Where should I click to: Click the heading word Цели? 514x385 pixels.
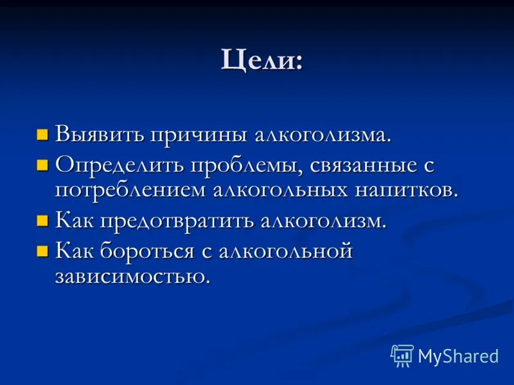coord(261,60)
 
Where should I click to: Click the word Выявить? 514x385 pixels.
coord(100,134)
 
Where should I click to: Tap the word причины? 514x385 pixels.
coord(199,135)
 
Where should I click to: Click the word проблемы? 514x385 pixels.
coord(247,166)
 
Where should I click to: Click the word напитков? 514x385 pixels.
coord(406,191)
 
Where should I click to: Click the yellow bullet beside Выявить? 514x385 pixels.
coord(42,135)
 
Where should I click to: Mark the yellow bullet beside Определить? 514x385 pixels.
coord(42,166)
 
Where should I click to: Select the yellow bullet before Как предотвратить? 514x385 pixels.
coord(42,221)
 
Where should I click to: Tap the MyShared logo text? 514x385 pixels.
coord(458,355)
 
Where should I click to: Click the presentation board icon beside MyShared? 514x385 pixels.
coord(402,355)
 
